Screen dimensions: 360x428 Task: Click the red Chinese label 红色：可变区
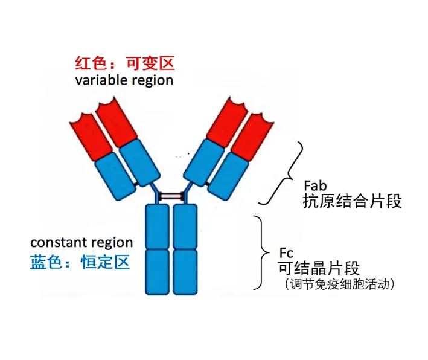tap(124, 63)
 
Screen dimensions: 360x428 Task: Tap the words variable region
tap(124, 80)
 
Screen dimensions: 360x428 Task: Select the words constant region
tap(81, 243)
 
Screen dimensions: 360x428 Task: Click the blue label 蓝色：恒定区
tap(80, 262)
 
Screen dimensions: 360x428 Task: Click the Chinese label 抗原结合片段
tap(352, 201)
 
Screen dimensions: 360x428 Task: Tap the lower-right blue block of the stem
tap(185, 271)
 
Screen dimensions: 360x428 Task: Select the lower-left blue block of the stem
tap(157, 271)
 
